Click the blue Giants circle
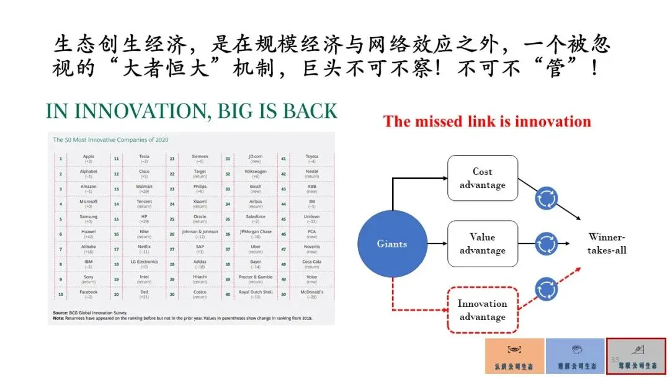(x=392, y=244)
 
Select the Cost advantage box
(x=482, y=178)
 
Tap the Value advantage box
(x=482, y=243)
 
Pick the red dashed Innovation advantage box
(x=482, y=309)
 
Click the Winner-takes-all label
(x=607, y=243)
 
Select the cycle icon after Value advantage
(x=546, y=243)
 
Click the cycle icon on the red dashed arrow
(x=546, y=288)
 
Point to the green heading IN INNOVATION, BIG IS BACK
(x=192, y=111)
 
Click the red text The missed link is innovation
(x=487, y=121)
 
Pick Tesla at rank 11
(x=144, y=157)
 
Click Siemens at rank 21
(x=200, y=157)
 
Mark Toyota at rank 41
(x=311, y=157)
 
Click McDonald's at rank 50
(x=311, y=295)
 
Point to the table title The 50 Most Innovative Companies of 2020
(x=110, y=140)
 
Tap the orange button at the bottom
(x=514, y=357)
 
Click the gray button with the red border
(x=635, y=357)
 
